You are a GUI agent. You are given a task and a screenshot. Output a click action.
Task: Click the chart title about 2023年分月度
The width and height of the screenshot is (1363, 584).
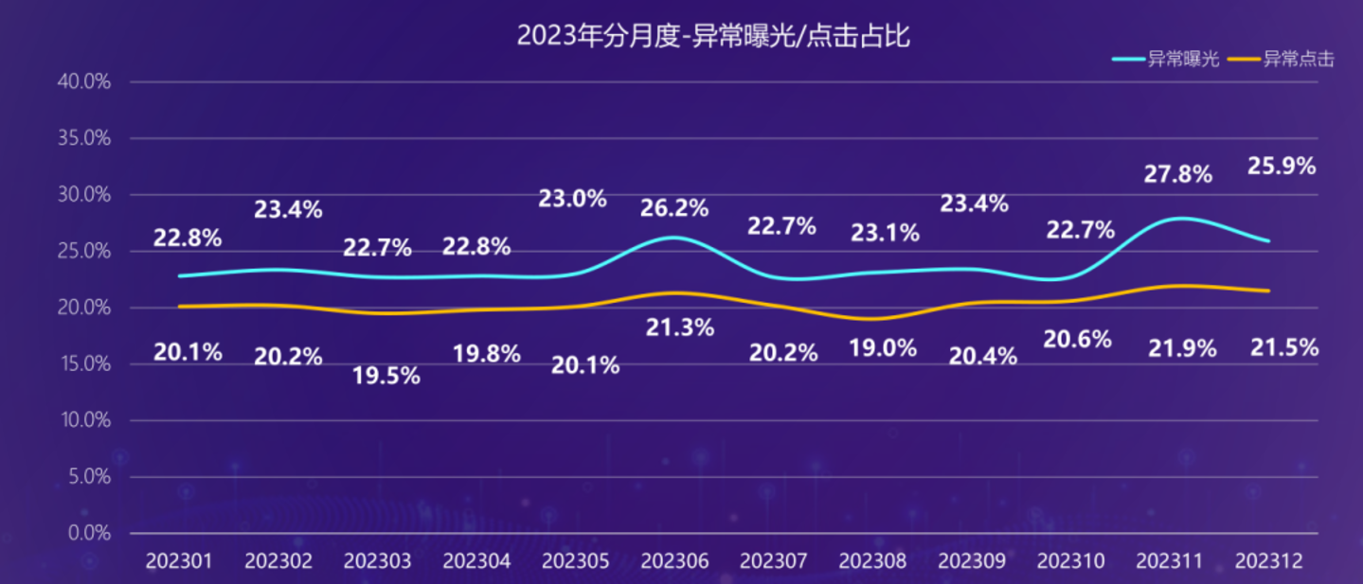pyautogui.click(x=712, y=36)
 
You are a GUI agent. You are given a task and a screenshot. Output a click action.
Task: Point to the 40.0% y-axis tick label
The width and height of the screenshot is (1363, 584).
pyautogui.click(x=84, y=82)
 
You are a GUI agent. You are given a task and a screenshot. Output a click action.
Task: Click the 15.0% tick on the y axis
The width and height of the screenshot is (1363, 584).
pyautogui.click(x=84, y=364)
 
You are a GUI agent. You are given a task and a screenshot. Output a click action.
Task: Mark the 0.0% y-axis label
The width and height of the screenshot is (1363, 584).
pyautogui.click(x=89, y=534)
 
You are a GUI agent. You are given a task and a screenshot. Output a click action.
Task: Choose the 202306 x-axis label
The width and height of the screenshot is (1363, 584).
pyautogui.click(x=675, y=561)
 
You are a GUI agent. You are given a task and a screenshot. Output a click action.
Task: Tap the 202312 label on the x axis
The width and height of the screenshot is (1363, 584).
pyautogui.click(x=1269, y=561)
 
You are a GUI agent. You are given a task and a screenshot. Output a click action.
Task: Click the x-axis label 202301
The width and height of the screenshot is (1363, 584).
pyautogui.click(x=179, y=561)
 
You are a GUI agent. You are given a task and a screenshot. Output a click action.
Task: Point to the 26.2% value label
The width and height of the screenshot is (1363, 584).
pyautogui.click(x=674, y=208)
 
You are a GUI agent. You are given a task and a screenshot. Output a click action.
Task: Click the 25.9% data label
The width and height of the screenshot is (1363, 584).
pyautogui.click(x=1282, y=167)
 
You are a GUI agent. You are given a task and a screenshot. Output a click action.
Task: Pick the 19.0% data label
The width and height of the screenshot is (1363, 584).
pyautogui.click(x=884, y=348)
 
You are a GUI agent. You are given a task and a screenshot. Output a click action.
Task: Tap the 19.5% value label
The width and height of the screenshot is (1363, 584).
pyautogui.click(x=386, y=376)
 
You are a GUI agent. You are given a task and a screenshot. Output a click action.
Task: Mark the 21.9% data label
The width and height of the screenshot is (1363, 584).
pyautogui.click(x=1182, y=348)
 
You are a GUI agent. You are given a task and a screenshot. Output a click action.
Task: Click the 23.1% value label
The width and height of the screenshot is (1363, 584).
pyautogui.click(x=885, y=233)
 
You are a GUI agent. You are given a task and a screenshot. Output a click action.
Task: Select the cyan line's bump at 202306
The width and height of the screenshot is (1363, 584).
pyautogui.click(x=674, y=237)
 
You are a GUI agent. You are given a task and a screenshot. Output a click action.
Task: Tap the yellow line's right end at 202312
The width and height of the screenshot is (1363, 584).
pyautogui.click(x=1269, y=291)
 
